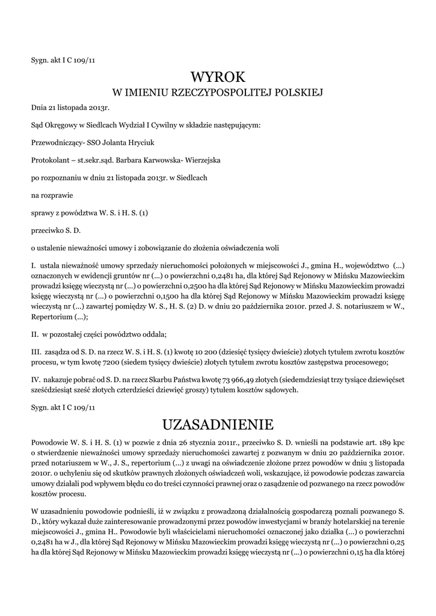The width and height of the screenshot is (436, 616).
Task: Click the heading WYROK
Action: point(218,77)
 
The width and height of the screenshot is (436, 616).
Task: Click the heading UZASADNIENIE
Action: point(218,425)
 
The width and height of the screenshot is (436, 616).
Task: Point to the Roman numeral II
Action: point(34,334)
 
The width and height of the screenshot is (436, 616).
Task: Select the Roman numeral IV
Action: point(35,379)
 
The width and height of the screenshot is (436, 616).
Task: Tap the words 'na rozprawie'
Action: point(51,195)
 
